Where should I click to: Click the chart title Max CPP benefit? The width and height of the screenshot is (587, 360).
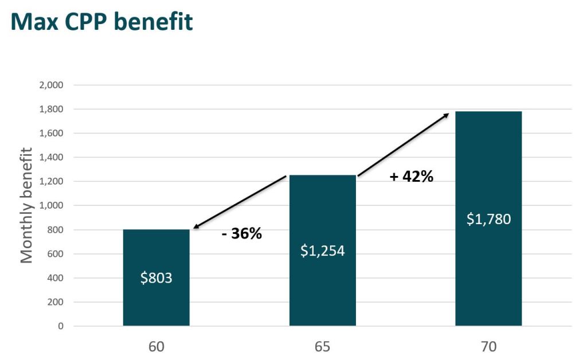101,21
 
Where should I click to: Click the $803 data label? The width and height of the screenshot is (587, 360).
156,278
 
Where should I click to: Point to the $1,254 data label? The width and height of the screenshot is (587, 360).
322,251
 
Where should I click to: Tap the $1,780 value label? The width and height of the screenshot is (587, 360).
488,219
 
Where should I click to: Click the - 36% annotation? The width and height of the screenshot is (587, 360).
241,233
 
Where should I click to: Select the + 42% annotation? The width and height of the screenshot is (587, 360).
411,177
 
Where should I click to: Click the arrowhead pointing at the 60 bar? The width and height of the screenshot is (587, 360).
196,228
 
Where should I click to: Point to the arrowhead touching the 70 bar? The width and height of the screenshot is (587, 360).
446,115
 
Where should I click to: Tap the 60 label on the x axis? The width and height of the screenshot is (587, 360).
156,347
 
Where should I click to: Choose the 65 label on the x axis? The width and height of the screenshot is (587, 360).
322,347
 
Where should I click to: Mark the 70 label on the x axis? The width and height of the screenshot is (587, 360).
488,347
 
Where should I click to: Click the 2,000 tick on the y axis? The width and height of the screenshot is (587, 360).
51,85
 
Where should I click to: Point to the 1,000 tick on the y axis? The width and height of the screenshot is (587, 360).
51,206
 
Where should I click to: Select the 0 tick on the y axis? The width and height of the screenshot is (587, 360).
60,326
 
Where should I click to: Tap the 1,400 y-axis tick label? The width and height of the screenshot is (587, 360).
51,158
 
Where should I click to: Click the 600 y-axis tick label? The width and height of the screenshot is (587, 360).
54,254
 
